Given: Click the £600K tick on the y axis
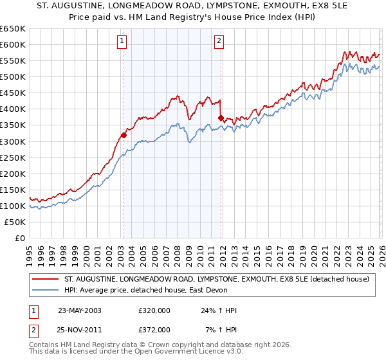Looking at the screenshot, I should (14, 44).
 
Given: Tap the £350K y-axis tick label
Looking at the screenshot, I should (14, 125).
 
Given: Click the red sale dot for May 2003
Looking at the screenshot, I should (124, 134).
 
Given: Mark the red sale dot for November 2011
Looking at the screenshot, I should (221, 118).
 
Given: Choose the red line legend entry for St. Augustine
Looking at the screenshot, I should (216, 279).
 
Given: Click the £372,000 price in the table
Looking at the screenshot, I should (154, 329).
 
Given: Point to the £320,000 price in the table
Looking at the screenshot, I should (154, 310).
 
